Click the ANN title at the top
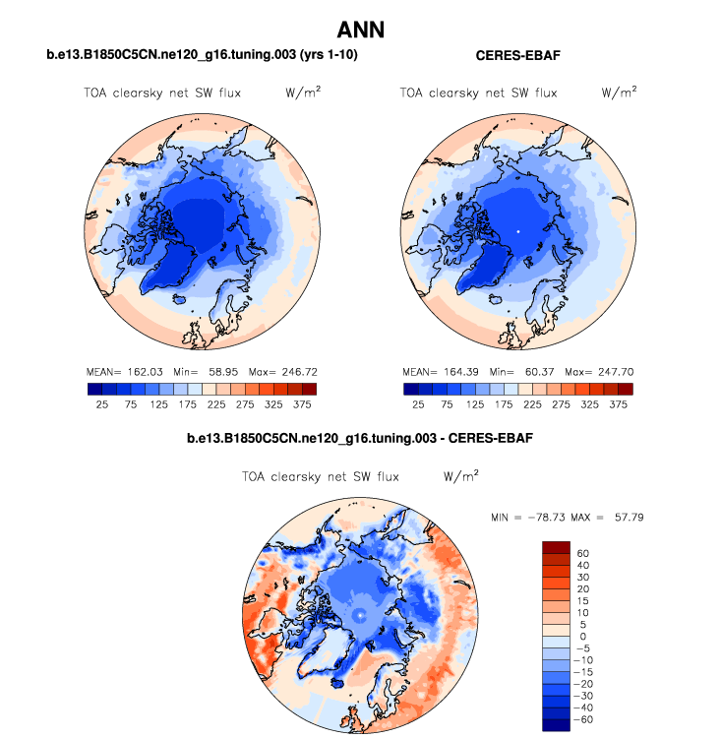click(360, 30)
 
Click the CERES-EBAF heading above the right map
click(517, 57)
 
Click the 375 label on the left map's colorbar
click(302, 404)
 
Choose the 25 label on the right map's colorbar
click(418, 404)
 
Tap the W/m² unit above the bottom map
click(460, 476)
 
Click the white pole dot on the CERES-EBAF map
click(517, 230)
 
